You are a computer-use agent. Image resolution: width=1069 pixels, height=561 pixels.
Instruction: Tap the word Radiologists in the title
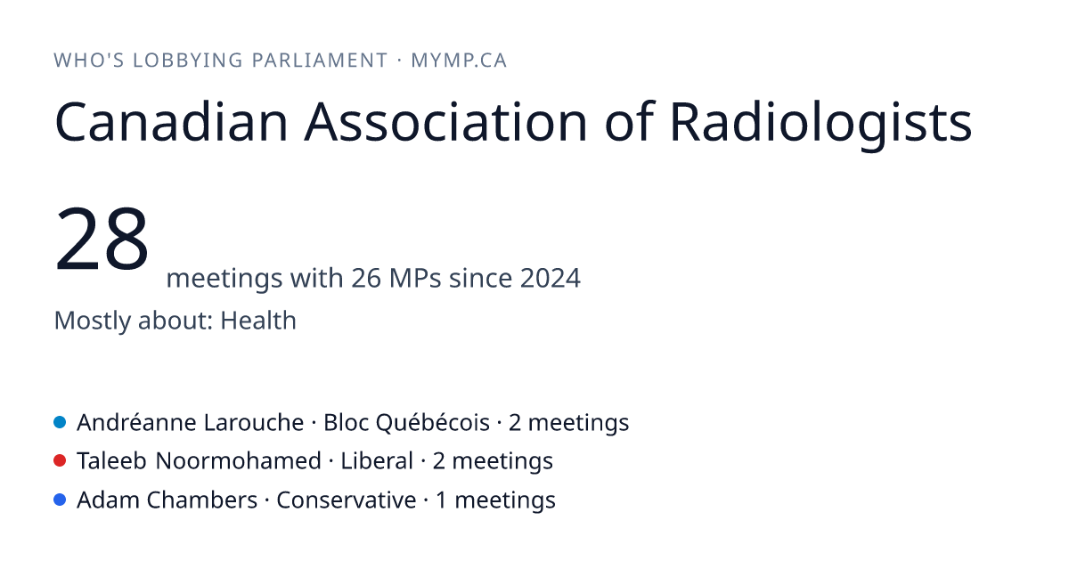pos(820,123)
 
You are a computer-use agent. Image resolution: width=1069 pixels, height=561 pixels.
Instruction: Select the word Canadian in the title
pos(172,122)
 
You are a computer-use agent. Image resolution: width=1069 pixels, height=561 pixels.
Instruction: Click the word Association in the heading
pos(445,122)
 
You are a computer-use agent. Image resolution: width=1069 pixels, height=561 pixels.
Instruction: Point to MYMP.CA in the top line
pos(459,61)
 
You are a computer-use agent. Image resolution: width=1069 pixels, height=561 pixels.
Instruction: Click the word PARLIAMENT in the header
pos(320,61)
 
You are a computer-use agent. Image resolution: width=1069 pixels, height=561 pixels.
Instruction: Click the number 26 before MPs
pos(366,278)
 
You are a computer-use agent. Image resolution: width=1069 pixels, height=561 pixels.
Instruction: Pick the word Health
pos(258,320)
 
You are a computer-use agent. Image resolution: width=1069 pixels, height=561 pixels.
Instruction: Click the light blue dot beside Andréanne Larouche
pos(60,422)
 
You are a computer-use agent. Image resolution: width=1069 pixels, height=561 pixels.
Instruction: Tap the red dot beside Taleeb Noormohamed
pos(60,461)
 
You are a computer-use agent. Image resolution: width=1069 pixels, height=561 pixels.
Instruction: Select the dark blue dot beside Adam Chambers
pos(60,500)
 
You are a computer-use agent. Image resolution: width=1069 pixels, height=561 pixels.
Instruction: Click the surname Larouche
pos(254,423)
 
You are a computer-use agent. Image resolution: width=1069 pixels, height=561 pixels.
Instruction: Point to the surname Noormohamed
pos(238,461)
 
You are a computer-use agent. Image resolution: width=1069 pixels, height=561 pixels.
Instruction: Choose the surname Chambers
pos(202,500)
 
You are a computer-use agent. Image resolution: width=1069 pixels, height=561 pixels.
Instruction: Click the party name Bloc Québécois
pos(406,423)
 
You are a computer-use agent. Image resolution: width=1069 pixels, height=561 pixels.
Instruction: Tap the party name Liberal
pos(377,461)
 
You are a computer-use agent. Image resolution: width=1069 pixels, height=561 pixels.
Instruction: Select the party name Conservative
pos(347,500)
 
